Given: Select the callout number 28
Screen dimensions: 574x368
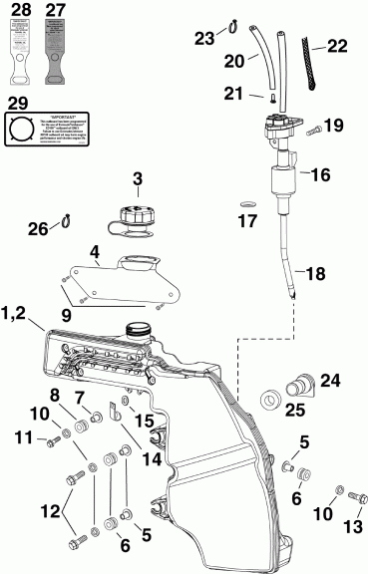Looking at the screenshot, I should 19,12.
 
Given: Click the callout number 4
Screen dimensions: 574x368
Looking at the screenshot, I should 95,253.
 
